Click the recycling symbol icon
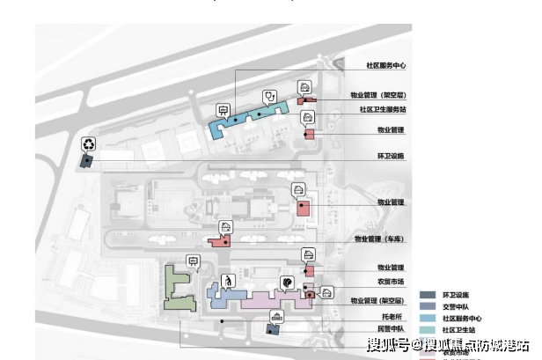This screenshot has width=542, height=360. [89, 144]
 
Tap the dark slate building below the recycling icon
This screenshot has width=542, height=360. [86, 161]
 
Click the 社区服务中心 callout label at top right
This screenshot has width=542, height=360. [385, 66]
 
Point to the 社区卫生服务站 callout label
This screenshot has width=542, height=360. [382, 110]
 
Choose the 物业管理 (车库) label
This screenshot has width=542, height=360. [379, 239]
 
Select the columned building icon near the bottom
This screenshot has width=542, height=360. [278, 315]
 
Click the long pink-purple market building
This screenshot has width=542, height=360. [264, 298]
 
